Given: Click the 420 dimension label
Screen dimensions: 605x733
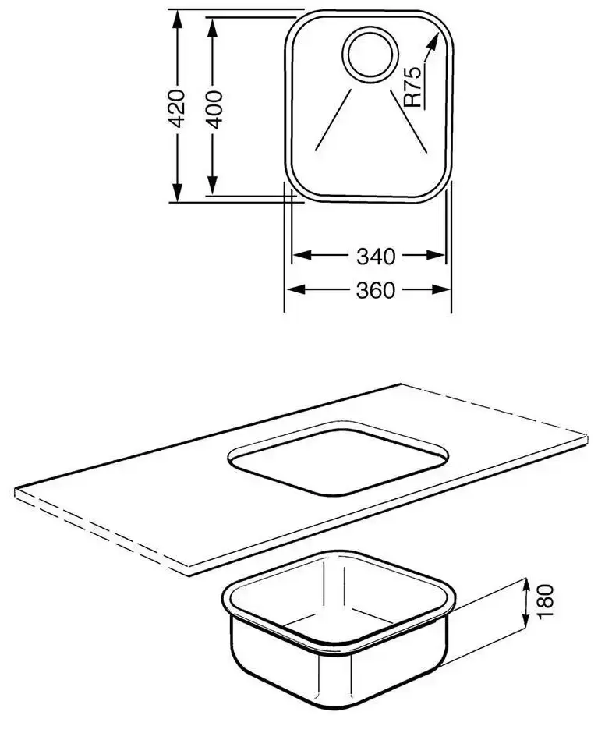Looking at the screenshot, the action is (x=177, y=108).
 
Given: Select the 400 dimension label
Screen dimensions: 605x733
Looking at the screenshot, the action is (x=214, y=110).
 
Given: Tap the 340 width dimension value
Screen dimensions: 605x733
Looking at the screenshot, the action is (x=376, y=257).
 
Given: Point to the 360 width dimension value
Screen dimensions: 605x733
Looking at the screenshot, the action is (x=376, y=291).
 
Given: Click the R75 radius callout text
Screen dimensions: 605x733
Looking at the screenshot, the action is (x=412, y=87).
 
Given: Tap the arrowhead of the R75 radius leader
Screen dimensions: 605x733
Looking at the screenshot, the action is (x=433, y=41).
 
